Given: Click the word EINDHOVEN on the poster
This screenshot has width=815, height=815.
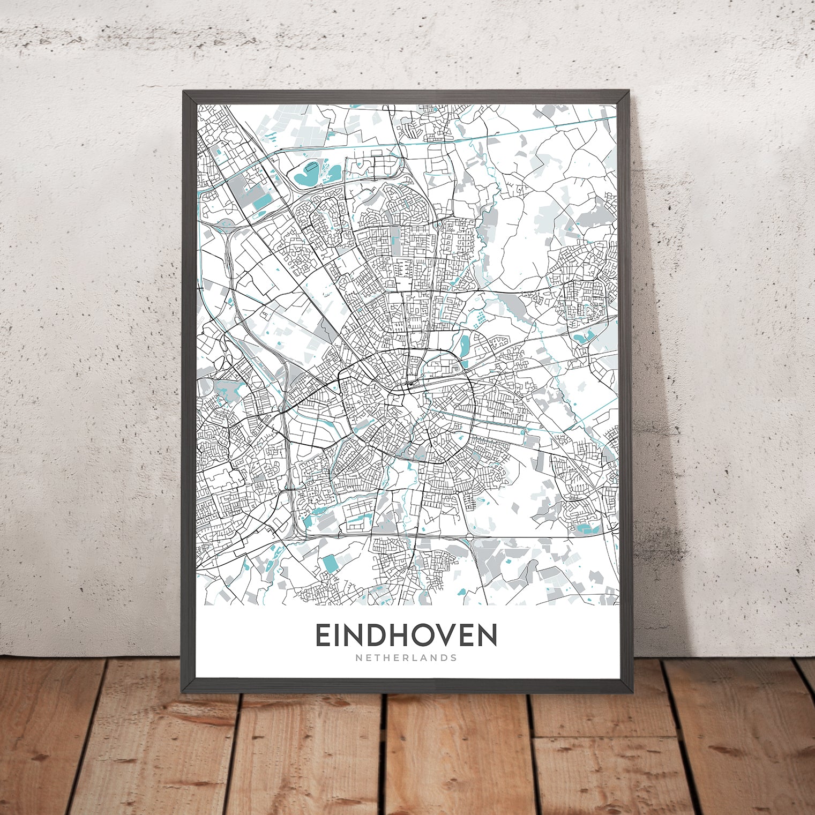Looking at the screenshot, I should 406,635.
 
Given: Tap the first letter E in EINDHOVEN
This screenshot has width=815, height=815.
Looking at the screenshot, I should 323,635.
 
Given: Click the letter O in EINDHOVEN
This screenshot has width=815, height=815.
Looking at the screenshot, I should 425,635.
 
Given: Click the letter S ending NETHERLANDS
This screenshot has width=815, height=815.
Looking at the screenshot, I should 454,657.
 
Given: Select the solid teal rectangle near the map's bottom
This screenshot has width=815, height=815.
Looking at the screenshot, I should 330,564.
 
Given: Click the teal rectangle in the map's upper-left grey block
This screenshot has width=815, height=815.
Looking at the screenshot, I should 263,201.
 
